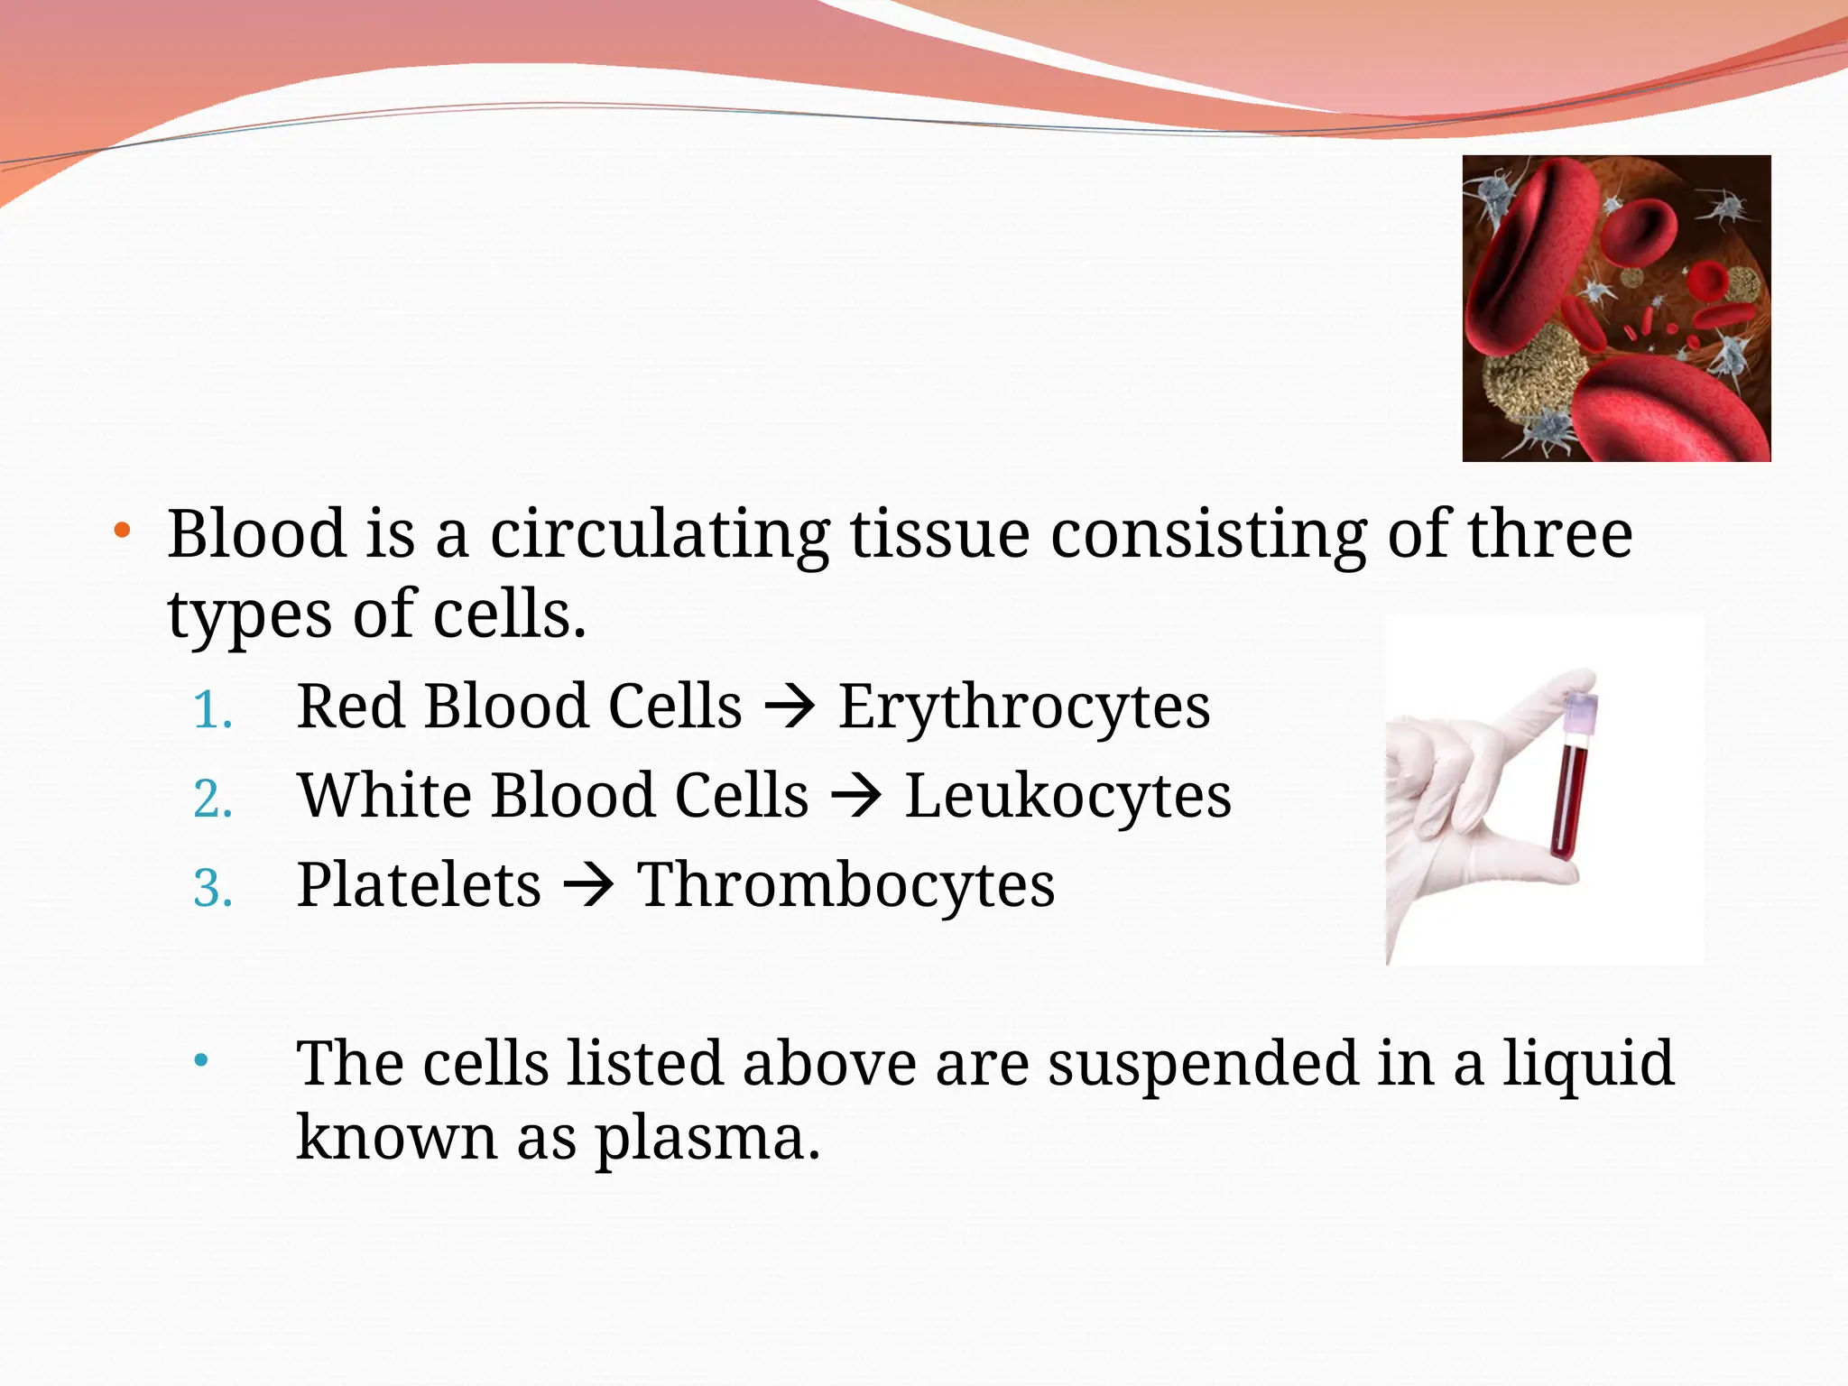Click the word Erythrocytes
coord(1024,707)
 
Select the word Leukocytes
coord(1067,797)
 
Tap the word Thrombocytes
coord(845,885)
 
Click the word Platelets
coord(419,885)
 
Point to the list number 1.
coord(213,711)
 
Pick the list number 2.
coord(213,800)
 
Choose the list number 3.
coord(213,889)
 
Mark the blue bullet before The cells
coord(201,1060)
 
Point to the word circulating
coord(659,535)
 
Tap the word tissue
coord(939,535)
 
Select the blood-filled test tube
coord(1570,799)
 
